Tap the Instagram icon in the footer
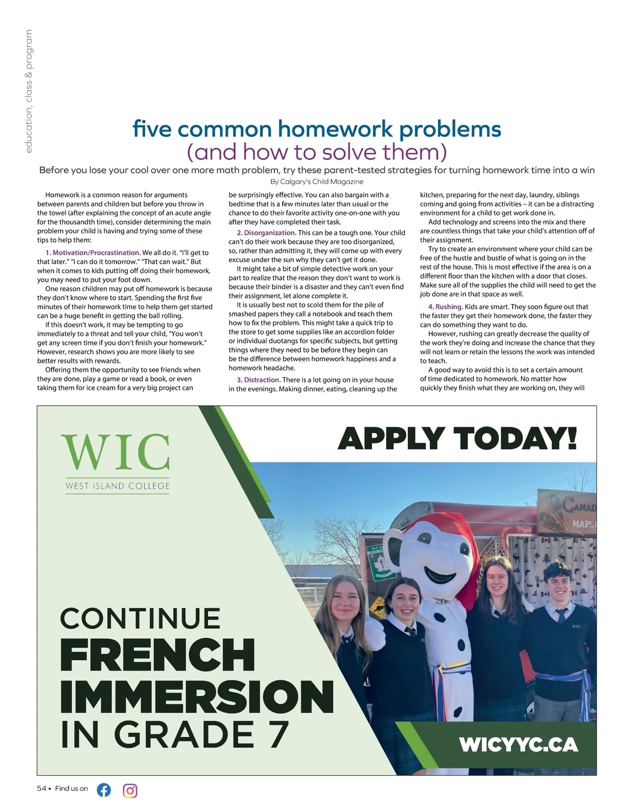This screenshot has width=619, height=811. [130, 790]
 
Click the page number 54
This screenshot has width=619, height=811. [41, 788]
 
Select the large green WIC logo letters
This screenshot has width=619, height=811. [116, 452]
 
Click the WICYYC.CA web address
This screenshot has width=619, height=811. [518, 744]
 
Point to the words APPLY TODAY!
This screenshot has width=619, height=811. [457, 439]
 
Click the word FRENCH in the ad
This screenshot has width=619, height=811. [157, 655]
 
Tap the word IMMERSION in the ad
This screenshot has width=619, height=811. [197, 696]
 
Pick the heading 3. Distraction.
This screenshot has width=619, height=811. [259, 380]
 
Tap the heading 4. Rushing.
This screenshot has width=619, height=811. [446, 307]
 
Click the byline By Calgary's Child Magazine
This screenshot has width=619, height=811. [317, 182]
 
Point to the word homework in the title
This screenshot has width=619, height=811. [336, 129]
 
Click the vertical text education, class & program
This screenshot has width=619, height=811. [28, 91]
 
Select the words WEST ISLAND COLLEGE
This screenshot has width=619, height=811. [118, 486]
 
